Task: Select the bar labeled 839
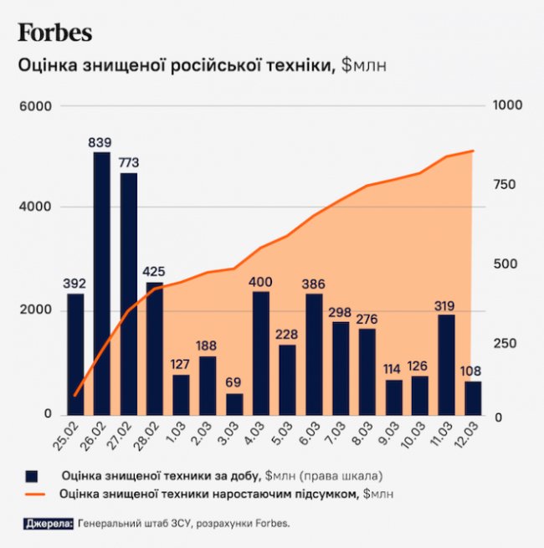(101, 283)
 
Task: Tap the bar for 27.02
(128, 293)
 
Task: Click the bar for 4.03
(261, 352)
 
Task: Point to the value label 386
(314, 284)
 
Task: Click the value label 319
(446, 305)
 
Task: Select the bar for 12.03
(473, 398)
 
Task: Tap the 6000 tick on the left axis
(35, 106)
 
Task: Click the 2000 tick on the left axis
(35, 310)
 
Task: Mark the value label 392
(75, 284)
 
